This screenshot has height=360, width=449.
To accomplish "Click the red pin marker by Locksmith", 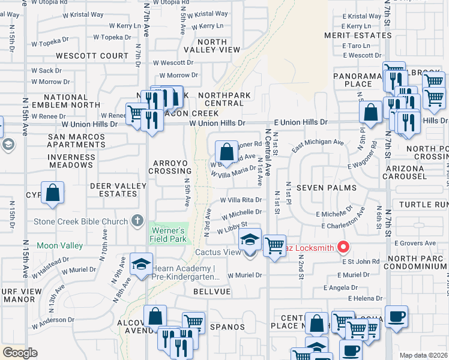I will point(343,246).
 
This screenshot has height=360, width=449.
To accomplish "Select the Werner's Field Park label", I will point(167,234).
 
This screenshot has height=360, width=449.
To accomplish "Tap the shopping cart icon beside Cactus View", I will point(274,245).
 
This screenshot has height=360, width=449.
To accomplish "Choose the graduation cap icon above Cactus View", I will point(249,240).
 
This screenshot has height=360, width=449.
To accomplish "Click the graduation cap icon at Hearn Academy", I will point(141,265).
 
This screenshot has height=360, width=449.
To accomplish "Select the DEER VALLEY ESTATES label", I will point(118,190).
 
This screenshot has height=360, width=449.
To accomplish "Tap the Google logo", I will point(20,353).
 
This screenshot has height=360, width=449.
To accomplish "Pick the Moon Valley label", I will point(59,245).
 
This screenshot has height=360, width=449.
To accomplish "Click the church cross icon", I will point(138,220).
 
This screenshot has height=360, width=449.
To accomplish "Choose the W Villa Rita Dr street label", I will point(242,200).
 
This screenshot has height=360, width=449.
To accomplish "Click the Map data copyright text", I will point(424,355).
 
